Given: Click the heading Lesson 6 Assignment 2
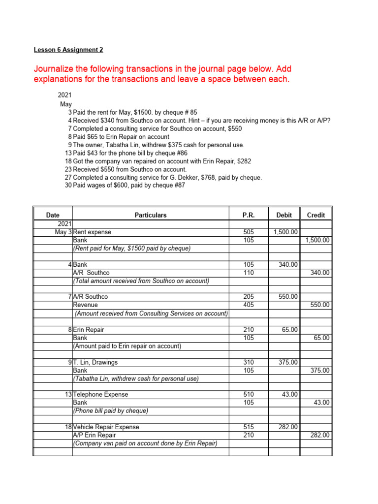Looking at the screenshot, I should point(68,50).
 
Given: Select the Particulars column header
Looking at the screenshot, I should point(151,215).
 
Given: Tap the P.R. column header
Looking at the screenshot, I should point(248,215).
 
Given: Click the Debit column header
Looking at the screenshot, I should point(284,215).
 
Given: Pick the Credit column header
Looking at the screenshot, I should point(315,215).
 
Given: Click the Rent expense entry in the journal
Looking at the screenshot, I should point(92,232).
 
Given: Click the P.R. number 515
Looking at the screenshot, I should point(249,427).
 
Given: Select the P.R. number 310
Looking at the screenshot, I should point(249,362).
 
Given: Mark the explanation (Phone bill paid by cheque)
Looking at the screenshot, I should point(110,411).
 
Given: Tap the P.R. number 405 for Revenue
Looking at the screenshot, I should point(249,305).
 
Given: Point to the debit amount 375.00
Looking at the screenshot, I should point(287,362).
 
